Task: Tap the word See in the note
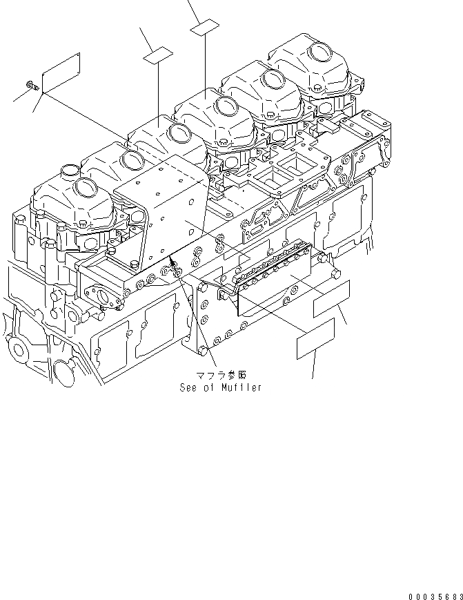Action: [188, 387]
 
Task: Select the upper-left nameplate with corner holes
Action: [61, 72]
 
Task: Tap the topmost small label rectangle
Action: [205, 29]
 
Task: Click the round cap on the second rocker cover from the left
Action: [129, 160]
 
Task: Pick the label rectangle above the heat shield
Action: [158, 55]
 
